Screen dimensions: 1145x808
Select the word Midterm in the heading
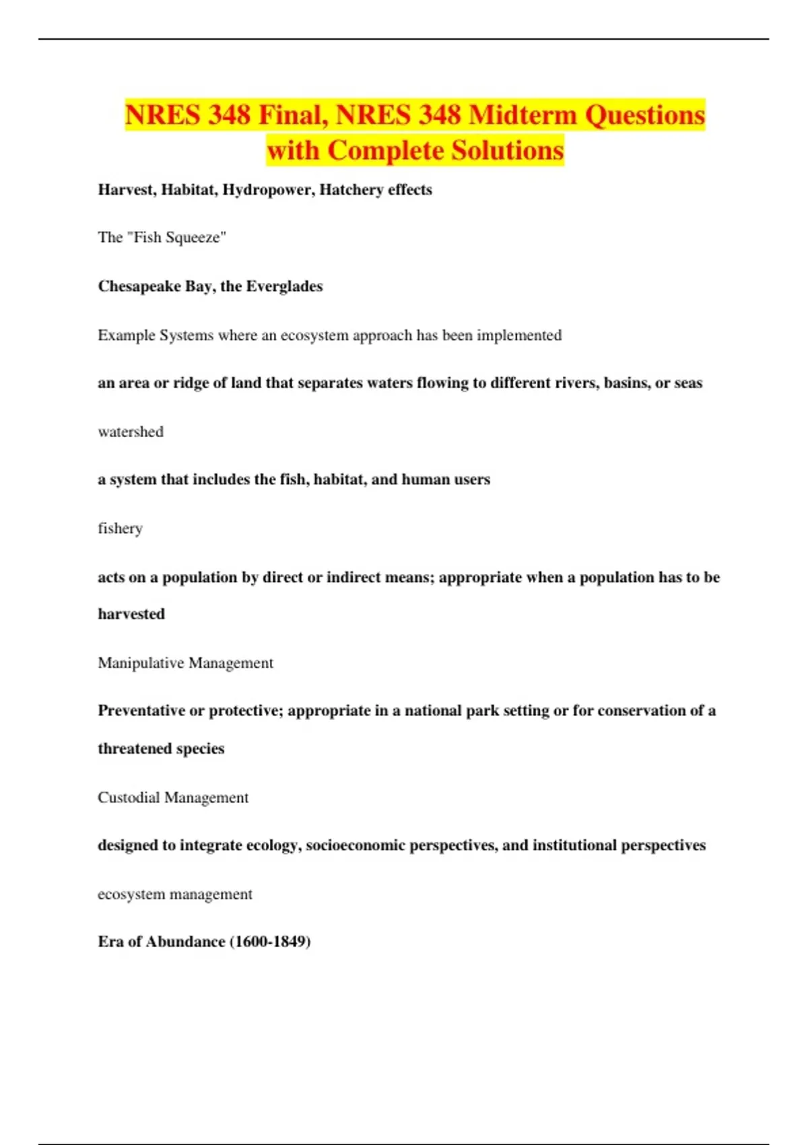coord(523,115)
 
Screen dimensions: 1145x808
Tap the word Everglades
coord(284,286)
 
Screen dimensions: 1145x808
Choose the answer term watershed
coord(131,432)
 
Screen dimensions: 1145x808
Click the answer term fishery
coord(120,529)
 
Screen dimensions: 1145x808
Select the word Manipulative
coord(141,663)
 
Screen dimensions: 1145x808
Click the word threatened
coord(135,749)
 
